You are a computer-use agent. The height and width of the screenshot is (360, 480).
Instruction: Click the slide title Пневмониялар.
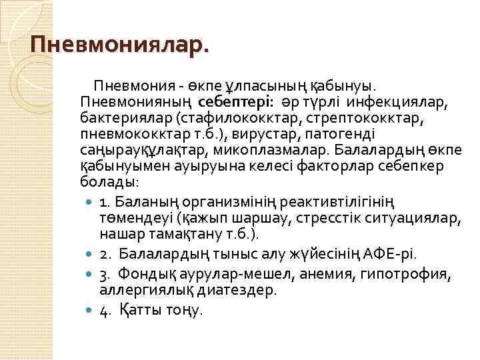tap(119, 45)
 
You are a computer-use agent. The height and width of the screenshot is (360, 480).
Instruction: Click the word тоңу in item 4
tap(181, 310)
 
